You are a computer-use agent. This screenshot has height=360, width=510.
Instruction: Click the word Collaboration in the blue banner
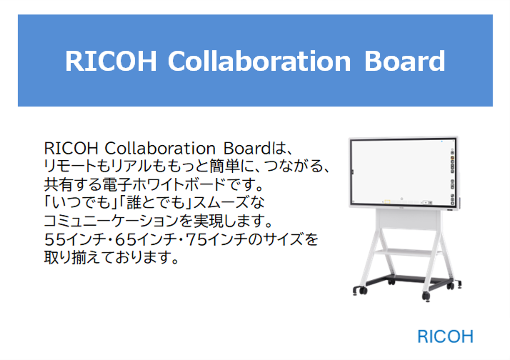tap(259, 61)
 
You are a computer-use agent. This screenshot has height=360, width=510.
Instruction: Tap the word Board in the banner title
tap(404, 61)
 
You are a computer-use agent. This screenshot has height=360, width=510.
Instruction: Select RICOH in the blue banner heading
tap(111, 61)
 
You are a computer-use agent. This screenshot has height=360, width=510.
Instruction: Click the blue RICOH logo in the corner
tap(445, 337)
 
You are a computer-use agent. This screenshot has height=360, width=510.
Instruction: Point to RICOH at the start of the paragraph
tap(71, 149)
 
